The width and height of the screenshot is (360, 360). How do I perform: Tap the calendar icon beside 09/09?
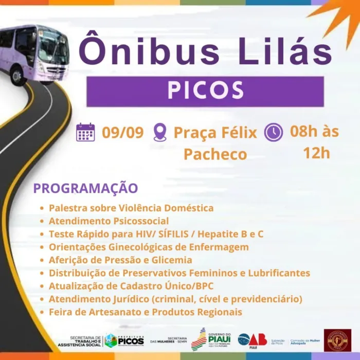click(x=85, y=132)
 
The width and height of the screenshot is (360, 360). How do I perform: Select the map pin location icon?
click(x=160, y=132)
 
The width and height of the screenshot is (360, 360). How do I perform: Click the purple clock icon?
click(x=274, y=132)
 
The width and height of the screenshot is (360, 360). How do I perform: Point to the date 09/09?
click(x=122, y=132)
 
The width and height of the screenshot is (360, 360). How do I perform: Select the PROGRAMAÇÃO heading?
click(x=85, y=188)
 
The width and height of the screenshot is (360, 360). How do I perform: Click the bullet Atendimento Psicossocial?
click(x=109, y=221)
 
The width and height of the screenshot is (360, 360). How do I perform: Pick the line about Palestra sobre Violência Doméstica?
click(x=131, y=208)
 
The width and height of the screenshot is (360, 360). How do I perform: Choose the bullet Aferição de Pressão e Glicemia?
click(x=120, y=260)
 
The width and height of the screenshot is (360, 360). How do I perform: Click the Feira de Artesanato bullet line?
click(x=145, y=312)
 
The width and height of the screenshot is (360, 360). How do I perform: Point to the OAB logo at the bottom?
click(x=252, y=340)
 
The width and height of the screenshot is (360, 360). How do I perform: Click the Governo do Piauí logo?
click(x=211, y=339)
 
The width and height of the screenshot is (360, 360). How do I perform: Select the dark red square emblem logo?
click(x=337, y=340)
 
